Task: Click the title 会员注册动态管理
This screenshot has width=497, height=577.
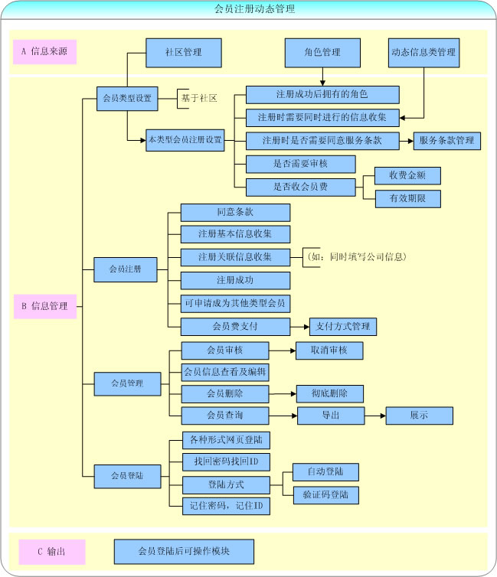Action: click(x=248, y=9)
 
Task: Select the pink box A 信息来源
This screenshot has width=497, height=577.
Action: click(x=44, y=52)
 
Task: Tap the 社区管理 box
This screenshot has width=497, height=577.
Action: click(x=183, y=52)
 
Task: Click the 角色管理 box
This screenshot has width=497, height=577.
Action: click(x=322, y=52)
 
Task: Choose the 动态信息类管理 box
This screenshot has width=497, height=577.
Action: click(x=423, y=52)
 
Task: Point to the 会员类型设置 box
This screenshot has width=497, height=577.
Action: click(x=127, y=98)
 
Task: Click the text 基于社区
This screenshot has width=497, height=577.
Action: click(x=199, y=98)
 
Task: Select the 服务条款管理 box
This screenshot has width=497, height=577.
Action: click(x=446, y=141)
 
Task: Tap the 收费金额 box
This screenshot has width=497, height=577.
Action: click(x=407, y=175)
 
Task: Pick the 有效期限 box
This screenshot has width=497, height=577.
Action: click(x=407, y=199)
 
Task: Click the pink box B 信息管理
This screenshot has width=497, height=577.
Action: click(x=44, y=306)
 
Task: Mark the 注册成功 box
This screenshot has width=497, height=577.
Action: click(x=235, y=280)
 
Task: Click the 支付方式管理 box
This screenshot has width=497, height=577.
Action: click(x=343, y=327)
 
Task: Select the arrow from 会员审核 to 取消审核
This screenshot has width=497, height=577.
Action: click(x=283, y=350)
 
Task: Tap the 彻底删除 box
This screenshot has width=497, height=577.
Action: click(x=329, y=393)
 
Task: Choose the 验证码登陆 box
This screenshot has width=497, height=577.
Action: click(x=325, y=494)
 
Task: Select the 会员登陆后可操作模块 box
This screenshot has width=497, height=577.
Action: click(x=184, y=551)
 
